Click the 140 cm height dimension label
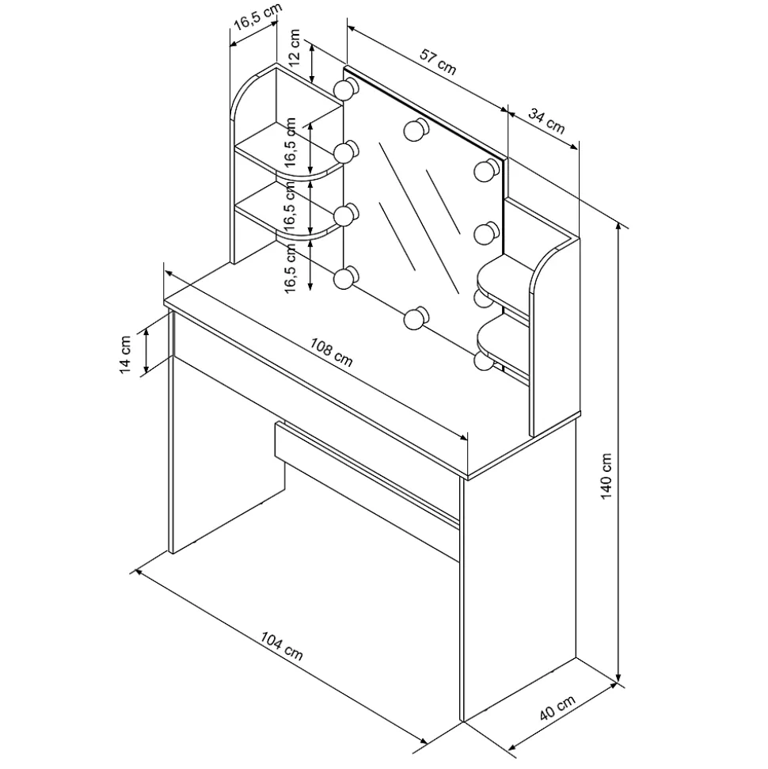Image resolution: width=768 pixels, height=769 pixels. click(x=606, y=476)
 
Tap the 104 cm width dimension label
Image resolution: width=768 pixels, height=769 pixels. click(x=282, y=646)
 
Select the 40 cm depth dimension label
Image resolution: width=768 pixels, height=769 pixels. click(x=557, y=708)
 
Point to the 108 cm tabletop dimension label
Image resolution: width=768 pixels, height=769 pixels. click(x=331, y=352)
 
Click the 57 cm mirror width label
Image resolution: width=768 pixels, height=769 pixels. click(x=438, y=62)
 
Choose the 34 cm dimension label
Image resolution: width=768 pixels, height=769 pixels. click(x=547, y=121)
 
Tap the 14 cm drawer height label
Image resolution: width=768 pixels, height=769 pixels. click(x=126, y=355)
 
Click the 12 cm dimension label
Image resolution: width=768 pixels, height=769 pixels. click(x=294, y=48)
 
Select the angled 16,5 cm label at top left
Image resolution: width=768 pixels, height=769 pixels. click(x=257, y=17)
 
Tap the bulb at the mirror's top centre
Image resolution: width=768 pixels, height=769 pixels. click(x=416, y=130)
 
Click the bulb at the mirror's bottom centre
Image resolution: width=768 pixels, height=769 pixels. click(x=416, y=318)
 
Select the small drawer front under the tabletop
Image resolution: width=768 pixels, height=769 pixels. click(x=367, y=473)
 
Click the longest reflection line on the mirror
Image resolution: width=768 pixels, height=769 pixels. click(x=419, y=219)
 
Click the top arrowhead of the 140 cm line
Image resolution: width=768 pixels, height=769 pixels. click(x=620, y=226)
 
